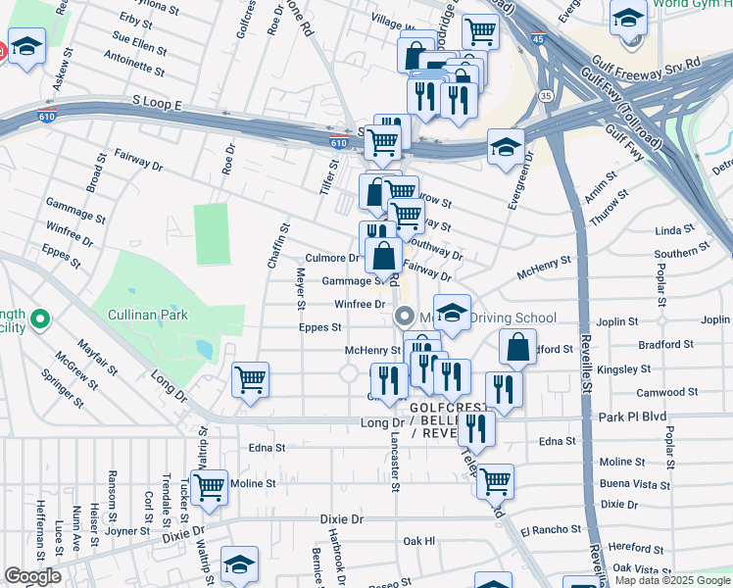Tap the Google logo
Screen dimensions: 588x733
click(32, 576)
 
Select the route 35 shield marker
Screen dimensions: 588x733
click(545, 95)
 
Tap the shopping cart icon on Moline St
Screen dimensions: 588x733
click(209, 486)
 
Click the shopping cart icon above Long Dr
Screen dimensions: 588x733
click(251, 378)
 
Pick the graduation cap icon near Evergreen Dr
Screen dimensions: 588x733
click(506, 147)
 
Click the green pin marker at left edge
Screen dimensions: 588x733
click(39, 318)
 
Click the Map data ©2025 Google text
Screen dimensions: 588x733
click(671, 580)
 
